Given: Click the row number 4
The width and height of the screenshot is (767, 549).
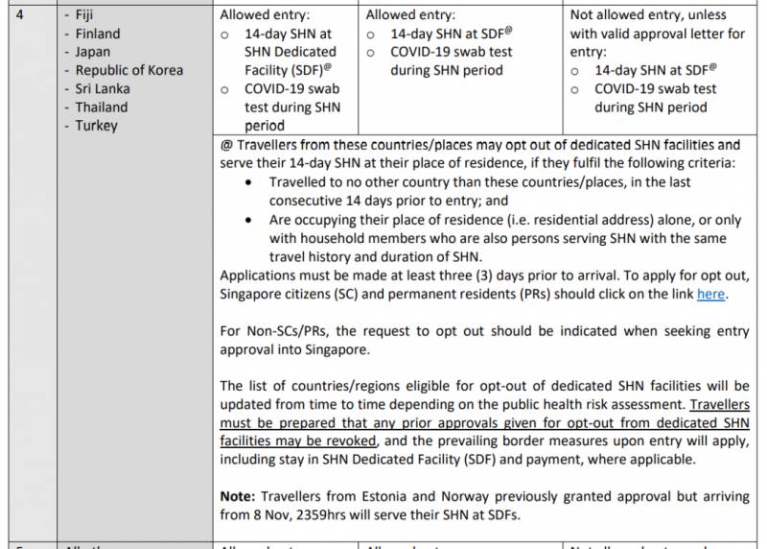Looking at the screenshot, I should (16, 15).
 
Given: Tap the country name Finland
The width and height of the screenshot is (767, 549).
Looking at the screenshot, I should (98, 34).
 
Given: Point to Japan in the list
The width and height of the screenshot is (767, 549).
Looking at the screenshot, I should (93, 52).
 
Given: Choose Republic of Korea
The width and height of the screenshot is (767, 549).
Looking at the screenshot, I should (129, 70).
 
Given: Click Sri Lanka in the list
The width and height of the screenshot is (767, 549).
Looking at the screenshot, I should (103, 88).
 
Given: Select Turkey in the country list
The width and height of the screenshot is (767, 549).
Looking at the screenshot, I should (97, 125).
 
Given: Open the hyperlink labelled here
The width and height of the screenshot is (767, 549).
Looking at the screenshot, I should (710, 294).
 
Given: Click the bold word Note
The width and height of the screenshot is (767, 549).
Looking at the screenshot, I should (238, 496).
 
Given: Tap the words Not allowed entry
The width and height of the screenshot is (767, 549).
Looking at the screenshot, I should (620, 15).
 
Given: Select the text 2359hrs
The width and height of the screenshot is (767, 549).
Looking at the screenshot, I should (336, 514).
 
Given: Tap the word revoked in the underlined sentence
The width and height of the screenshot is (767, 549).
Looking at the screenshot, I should (352, 441).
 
